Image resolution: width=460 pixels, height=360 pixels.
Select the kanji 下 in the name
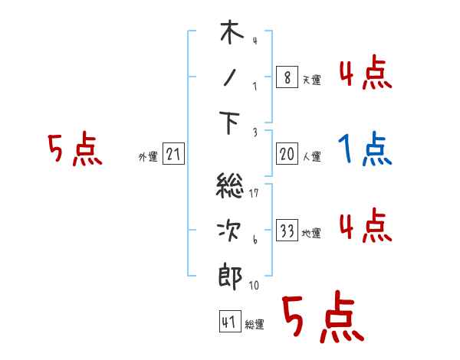(230, 122)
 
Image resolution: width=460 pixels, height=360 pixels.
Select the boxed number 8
(287, 78)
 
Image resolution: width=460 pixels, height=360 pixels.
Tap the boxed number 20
(287, 155)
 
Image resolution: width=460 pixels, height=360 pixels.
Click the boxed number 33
(287, 231)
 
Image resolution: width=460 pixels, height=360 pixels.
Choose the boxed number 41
(229, 322)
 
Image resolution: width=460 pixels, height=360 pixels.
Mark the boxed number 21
(173, 155)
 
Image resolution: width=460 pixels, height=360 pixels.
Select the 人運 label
(311, 157)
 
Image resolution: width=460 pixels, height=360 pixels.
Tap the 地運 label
(311, 234)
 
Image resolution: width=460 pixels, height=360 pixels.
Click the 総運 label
(255, 325)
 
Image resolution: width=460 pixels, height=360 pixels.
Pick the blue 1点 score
(366, 149)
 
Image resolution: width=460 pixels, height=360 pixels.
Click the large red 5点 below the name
(322, 319)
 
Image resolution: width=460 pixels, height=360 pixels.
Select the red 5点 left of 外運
(75, 149)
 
